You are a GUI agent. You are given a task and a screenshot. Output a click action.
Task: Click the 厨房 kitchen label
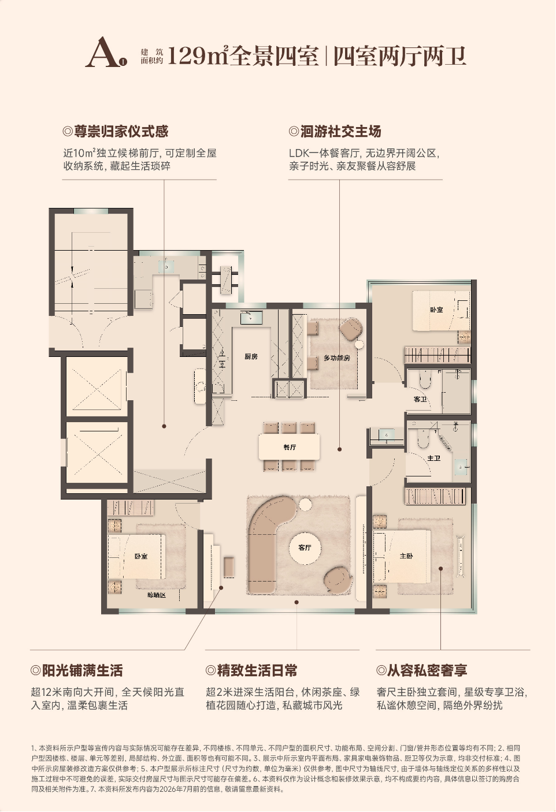pyautogui.click(x=251, y=357)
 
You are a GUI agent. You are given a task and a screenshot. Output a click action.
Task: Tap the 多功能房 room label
pyautogui.click(x=337, y=358)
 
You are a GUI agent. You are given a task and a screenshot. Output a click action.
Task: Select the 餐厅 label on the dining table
pyautogui.click(x=290, y=447)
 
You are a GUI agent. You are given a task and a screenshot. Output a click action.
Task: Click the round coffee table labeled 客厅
pyautogui.click(x=305, y=547)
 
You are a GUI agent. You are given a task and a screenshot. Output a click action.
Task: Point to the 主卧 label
pyautogui.click(x=406, y=556)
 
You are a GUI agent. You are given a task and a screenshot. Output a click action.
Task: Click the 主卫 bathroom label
pyautogui.click(x=433, y=458)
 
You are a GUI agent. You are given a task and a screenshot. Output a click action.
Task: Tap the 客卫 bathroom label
pyautogui.click(x=420, y=399)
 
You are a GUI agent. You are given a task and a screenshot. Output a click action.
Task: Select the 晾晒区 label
pyautogui.click(x=156, y=595)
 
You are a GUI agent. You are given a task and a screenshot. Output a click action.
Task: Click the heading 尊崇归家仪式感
pyautogui.click(x=121, y=131)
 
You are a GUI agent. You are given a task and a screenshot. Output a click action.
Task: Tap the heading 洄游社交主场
pyautogui.click(x=341, y=131)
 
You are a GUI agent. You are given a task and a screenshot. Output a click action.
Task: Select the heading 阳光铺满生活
pyautogui.click(x=82, y=671)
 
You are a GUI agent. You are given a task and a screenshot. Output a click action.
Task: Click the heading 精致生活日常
pyautogui.click(x=257, y=671)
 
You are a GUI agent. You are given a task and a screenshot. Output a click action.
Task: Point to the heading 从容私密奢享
pyautogui.click(x=427, y=671)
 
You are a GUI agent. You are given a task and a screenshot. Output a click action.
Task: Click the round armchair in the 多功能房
pyautogui.click(x=351, y=329)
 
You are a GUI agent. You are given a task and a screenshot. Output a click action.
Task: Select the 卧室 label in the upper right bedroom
pyautogui.click(x=437, y=310)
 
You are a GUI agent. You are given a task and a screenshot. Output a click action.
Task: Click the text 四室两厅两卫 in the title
pyautogui.click(x=400, y=56)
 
